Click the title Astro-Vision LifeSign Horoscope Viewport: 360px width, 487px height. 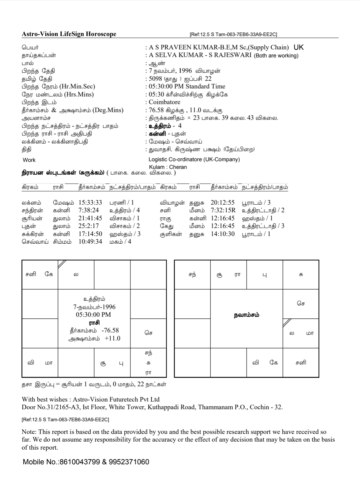coord(69,34)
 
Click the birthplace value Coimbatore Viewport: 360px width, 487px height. coord(164,102)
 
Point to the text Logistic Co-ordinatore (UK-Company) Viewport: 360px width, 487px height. coord(194,160)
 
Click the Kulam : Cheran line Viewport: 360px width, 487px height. coord(168,167)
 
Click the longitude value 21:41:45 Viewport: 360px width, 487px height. coord(90,218)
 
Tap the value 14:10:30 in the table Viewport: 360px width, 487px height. coord(223,234)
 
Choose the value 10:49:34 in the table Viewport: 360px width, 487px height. coord(90,242)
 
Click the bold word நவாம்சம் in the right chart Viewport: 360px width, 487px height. coord(246,315)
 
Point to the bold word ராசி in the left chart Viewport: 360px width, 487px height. coord(94,323)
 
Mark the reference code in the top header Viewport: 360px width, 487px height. coord(233,34)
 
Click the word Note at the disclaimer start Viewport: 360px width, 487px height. coord(28,432)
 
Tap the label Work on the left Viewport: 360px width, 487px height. coord(29,160)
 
